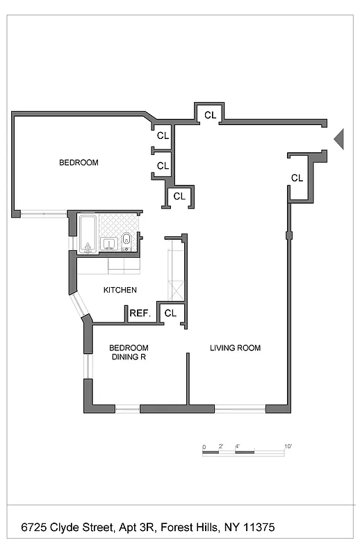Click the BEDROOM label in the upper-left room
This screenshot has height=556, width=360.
click(x=79, y=163)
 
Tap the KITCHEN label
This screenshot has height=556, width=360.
click(x=120, y=290)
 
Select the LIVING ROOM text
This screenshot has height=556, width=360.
click(x=236, y=347)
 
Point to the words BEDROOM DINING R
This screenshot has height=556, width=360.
click(x=129, y=352)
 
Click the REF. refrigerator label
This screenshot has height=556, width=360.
click(x=140, y=313)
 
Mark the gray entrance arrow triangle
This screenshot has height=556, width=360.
click(x=339, y=138)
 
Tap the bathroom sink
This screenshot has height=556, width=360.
click(x=108, y=243)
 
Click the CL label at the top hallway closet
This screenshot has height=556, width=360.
click(x=209, y=115)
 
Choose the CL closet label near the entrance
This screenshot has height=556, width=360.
click(x=297, y=178)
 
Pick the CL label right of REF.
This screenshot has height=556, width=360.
click(x=170, y=313)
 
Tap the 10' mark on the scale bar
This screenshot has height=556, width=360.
click(x=288, y=445)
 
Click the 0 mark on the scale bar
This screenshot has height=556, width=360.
click(x=204, y=445)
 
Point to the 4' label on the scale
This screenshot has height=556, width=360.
click(x=237, y=445)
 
